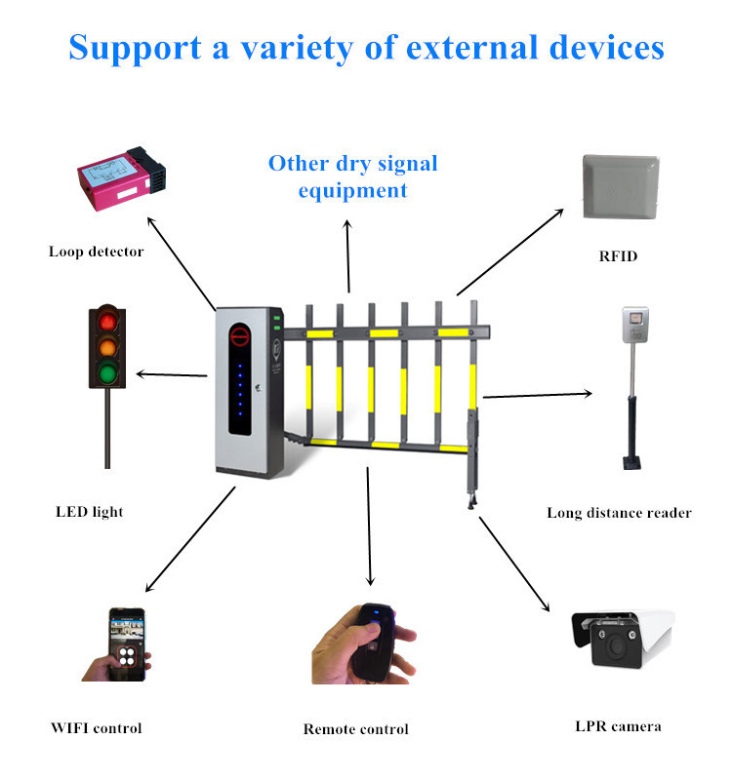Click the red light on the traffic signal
[108, 321]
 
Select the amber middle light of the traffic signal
[108, 347]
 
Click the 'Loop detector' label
[96, 252]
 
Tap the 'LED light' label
[89, 511]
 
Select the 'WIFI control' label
[96, 727]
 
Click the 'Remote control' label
[355, 728]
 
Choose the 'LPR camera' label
[618, 725]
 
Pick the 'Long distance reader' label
[619, 512]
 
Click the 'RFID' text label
[619, 257]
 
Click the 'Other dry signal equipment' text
[352, 175]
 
